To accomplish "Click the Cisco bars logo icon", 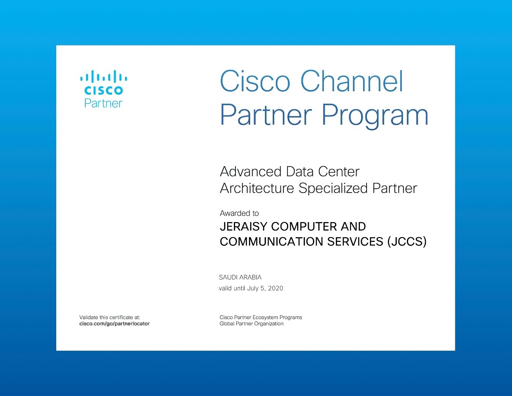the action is [x=104, y=76].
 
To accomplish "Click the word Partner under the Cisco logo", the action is [x=103, y=103].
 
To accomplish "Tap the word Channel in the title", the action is [x=352, y=81].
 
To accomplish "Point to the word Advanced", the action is [x=251, y=172].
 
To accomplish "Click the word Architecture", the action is [x=257, y=188].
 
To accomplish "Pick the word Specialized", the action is [x=333, y=189].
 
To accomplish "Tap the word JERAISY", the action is [x=244, y=226].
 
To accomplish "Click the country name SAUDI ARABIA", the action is [x=240, y=277].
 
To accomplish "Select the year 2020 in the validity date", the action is [x=276, y=288].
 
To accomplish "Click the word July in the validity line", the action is [x=253, y=288].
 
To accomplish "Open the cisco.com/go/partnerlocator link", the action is [x=114, y=323].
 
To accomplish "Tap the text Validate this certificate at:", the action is [x=110, y=317].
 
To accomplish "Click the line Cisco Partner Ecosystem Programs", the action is [x=261, y=318].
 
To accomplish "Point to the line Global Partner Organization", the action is [x=251, y=323].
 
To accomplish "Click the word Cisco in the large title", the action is [x=255, y=81].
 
